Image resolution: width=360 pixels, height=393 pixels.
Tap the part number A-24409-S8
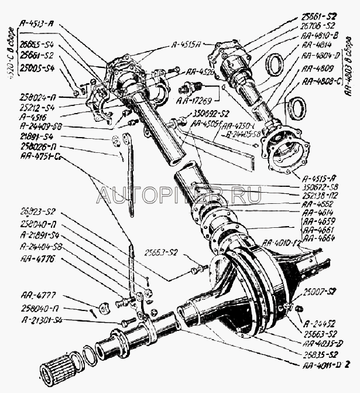click(41, 127)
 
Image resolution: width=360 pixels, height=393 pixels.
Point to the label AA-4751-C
click(40, 157)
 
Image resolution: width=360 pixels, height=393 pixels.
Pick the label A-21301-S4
click(41, 319)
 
